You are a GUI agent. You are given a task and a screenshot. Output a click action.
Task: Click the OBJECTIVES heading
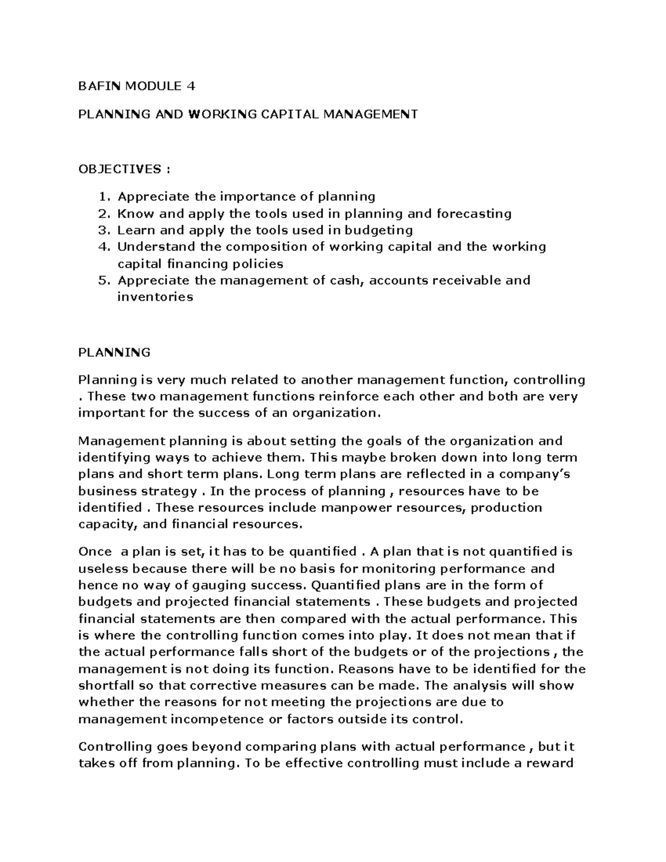pos(119,169)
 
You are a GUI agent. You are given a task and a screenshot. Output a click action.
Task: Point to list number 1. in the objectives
pos(104,196)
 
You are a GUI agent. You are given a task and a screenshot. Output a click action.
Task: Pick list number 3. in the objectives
pos(104,230)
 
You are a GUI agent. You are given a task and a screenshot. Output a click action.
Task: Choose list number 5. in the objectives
pos(104,280)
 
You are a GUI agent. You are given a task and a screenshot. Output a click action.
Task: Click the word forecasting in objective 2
pos(474,214)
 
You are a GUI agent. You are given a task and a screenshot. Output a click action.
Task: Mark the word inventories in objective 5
pos(155,297)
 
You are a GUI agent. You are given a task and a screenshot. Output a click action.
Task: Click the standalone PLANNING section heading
pos(114,352)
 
